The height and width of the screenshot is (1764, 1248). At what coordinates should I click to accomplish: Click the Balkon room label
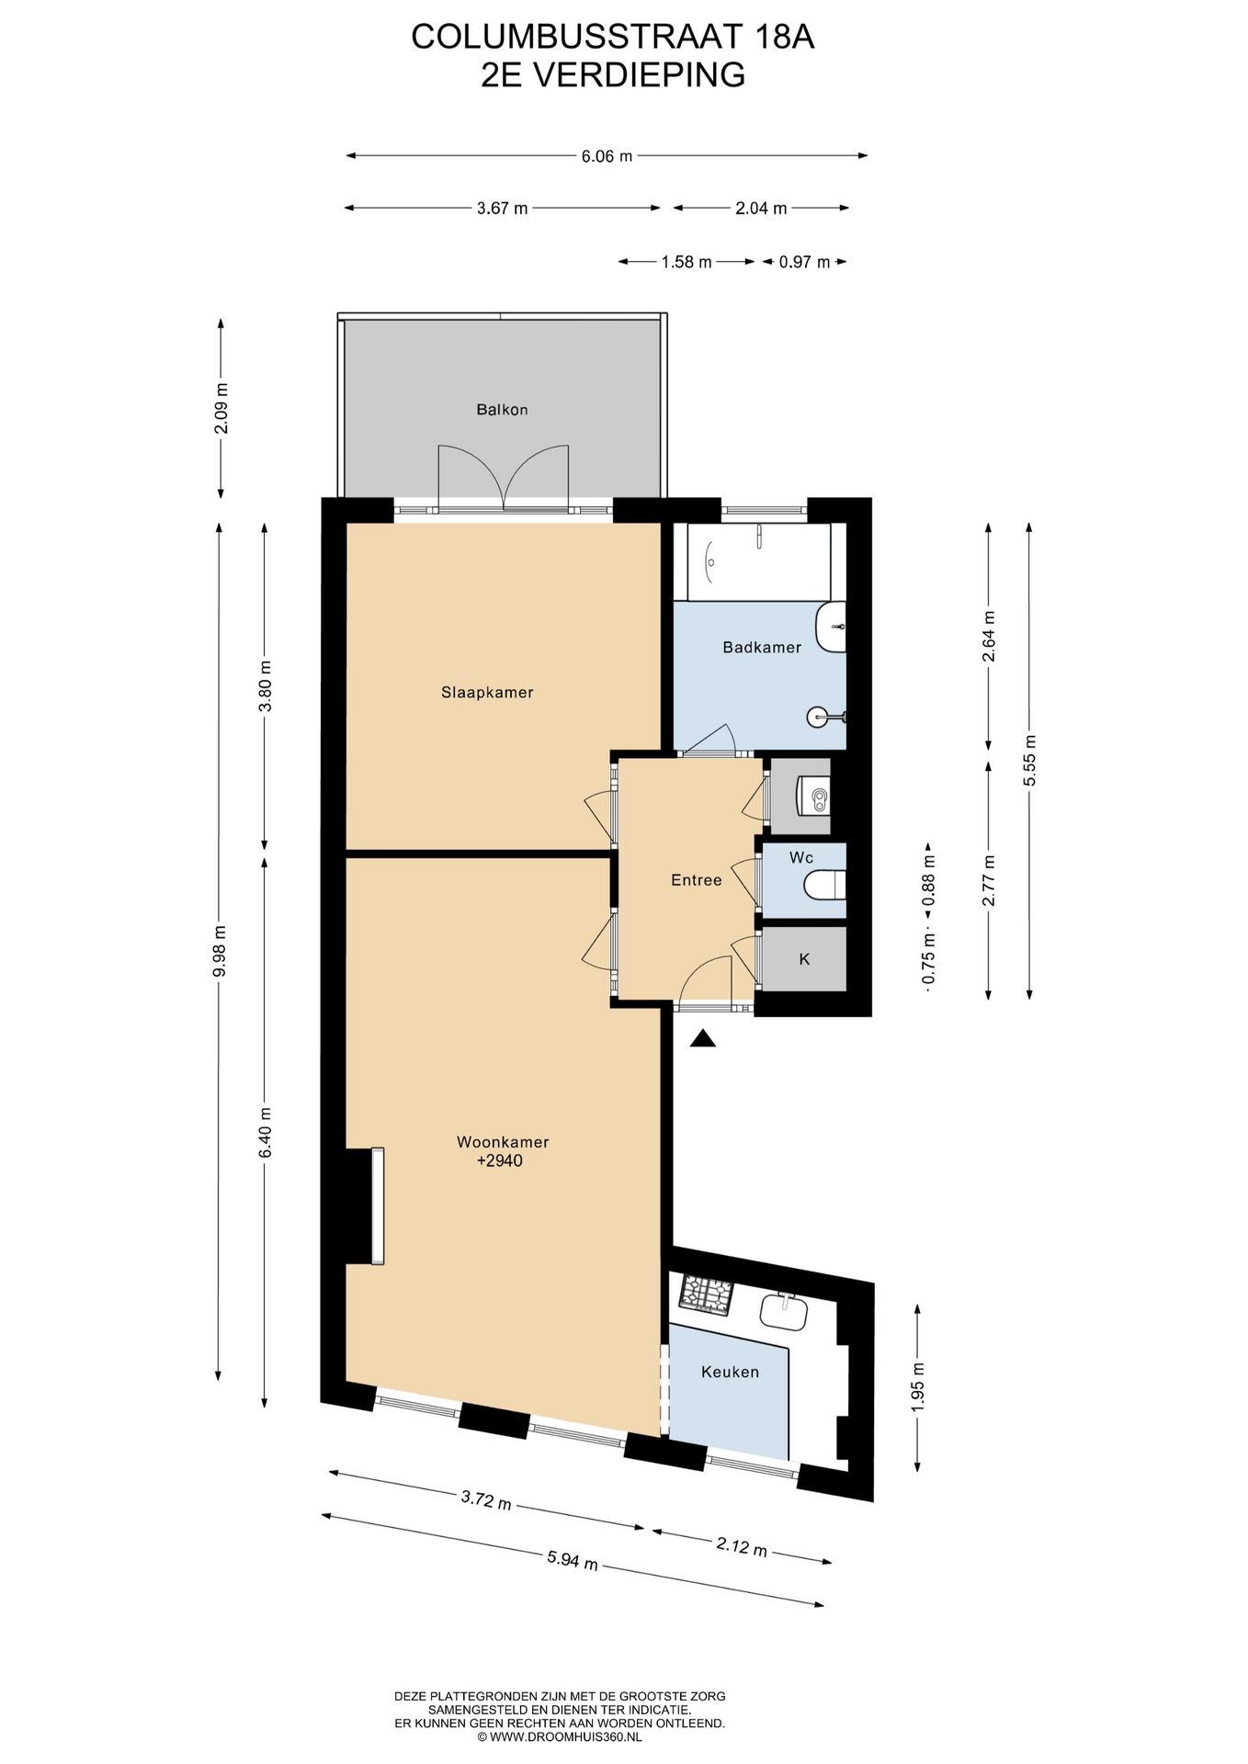(x=502, y=410)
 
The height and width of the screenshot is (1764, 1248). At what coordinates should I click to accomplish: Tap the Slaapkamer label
(x=487, y=693)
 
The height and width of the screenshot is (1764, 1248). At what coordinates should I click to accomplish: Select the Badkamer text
(x=762, y=648)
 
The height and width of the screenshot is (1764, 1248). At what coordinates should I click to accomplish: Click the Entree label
(x=696, y=880)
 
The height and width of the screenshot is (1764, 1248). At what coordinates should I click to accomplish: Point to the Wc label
(x=801, y=858)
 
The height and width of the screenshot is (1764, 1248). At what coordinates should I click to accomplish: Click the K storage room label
(x=804, y=959)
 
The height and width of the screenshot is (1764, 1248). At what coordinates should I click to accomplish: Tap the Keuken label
(x=730, y=1372)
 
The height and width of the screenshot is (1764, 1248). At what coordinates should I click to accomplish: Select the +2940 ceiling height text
(x=500, y=1161)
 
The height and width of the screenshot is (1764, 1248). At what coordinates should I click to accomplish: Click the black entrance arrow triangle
(x=703, y=1038)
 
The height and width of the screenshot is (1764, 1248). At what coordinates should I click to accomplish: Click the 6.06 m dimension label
(x=607, y=156)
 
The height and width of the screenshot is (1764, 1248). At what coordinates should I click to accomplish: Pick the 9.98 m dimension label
(x=219, y=952)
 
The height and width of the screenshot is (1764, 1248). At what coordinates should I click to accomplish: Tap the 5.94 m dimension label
(x=573, y=1560)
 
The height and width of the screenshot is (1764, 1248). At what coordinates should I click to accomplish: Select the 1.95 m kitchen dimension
(x=919, y=1385)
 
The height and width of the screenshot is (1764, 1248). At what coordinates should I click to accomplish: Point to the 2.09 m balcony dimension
(x=221, y=409)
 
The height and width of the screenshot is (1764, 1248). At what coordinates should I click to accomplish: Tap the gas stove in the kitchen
(x=706, y=1295)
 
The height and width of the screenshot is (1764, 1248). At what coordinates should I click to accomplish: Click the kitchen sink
(x=784, y=1310)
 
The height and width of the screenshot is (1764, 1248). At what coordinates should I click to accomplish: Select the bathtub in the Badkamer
(x=752, y=561)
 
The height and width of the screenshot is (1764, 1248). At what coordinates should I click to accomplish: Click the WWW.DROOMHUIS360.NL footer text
(x=565, y=1736)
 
